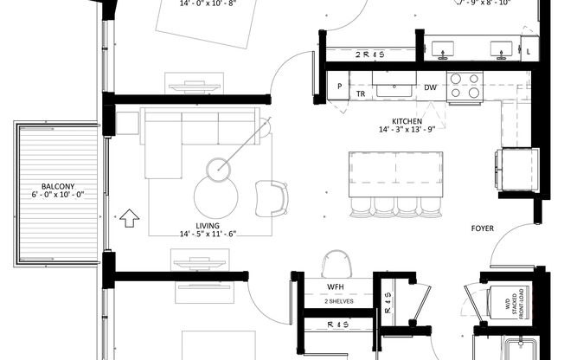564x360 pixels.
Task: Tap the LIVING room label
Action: pyautogui.click(x=207, y=225)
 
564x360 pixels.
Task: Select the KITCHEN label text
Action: pyautogui.click(x=407, y=121)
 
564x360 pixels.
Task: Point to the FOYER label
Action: pyautogui.click(x=483, y=228)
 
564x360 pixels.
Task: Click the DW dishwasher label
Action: pyautogui.click(x=430, y=87)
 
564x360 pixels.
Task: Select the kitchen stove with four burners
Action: pyautogui.click(x=465, y=86)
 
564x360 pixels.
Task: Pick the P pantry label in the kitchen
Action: pyautogui.click(x=340, y=87)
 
